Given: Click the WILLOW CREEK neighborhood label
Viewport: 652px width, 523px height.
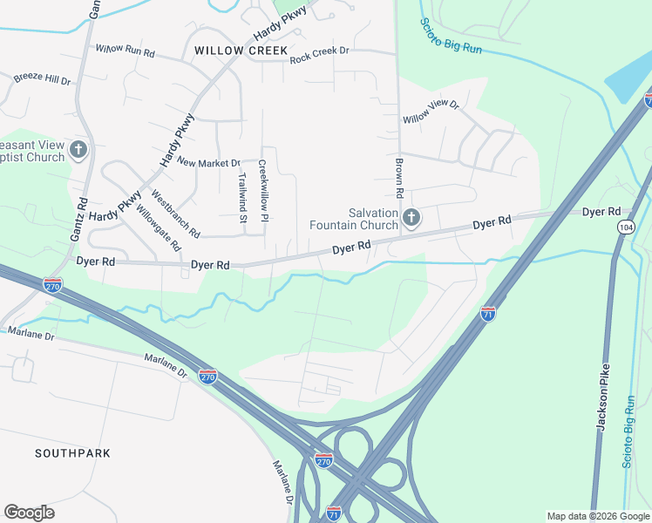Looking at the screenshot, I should (x=241, y=51).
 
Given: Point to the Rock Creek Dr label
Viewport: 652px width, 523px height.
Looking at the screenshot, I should (x=319, y=51).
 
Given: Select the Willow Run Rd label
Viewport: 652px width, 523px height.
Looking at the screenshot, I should (x=125, y=51).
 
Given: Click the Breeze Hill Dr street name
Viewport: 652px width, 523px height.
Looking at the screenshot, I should (x=42, y=78).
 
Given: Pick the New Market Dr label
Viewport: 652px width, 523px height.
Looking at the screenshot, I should (x=208, y=162).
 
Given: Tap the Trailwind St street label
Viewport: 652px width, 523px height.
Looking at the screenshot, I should (x=242, y=197).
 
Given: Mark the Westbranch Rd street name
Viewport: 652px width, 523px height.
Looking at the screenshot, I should (x=176, y=214).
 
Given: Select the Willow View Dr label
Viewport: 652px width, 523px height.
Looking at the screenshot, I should (x=430, y=112).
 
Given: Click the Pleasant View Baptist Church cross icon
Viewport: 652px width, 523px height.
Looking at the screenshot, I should (x=78, y=150).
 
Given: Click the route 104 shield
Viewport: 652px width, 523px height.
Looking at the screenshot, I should (x=624, y=227).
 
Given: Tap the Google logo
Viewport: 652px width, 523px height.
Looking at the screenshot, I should (x=29, y=513).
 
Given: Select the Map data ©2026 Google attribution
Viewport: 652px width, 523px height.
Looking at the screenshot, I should (x=597, y=516).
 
